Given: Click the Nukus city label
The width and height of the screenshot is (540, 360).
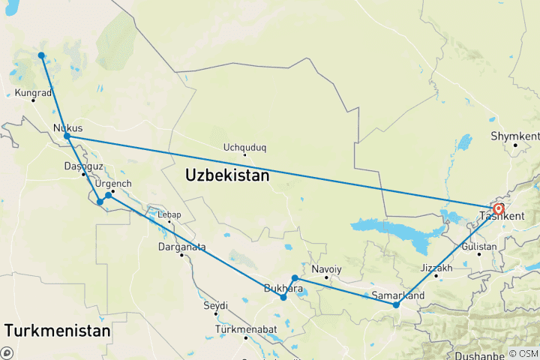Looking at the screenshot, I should [68, 127].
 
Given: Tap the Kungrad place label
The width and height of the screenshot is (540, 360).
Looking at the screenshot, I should [32, 94].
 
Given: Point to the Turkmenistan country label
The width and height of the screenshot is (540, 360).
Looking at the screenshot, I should [57, 330].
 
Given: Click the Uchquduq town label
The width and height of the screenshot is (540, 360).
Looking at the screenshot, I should [245, 148].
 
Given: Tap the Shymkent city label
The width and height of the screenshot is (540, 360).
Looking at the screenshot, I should [514, 136].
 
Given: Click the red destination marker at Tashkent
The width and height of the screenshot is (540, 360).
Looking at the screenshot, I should [499, 209].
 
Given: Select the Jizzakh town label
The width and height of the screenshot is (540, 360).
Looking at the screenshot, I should [436, 268].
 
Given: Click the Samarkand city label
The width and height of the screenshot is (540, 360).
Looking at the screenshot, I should [397, 295].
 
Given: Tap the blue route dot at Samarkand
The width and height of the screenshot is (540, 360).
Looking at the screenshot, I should [396, 304].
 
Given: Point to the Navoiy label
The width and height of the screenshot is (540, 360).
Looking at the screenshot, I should [326, 269].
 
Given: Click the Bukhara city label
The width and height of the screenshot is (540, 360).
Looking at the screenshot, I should [283, 288].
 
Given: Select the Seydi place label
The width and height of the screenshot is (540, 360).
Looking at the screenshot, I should [216, 305].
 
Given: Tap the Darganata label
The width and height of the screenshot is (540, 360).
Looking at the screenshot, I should [181, 247].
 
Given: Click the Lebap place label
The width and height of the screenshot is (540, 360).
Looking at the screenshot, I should [169, 214].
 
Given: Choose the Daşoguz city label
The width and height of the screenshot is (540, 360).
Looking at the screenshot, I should [83, 166].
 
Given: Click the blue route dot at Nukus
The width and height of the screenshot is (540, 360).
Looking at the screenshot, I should [67, 136].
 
